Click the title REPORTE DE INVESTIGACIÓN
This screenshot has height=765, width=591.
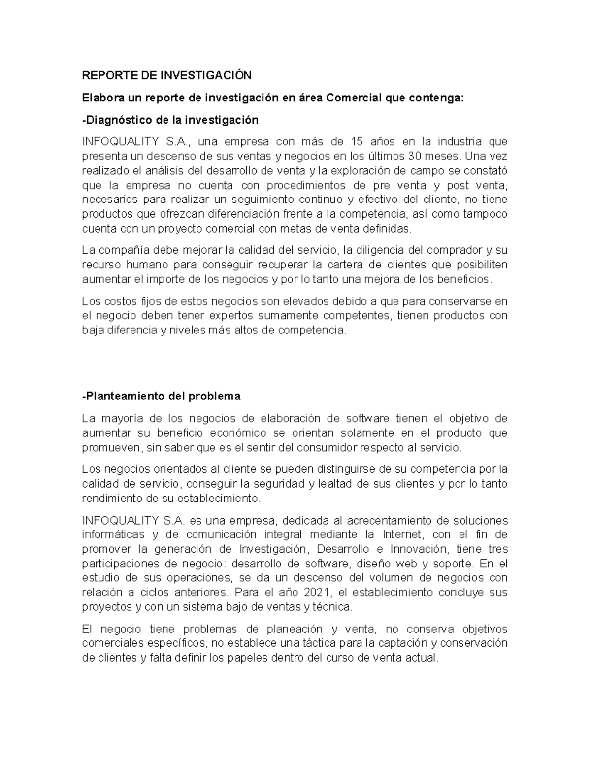[166, 75]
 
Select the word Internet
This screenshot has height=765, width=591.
[402, 534]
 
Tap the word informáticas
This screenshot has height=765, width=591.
[113, 534]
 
